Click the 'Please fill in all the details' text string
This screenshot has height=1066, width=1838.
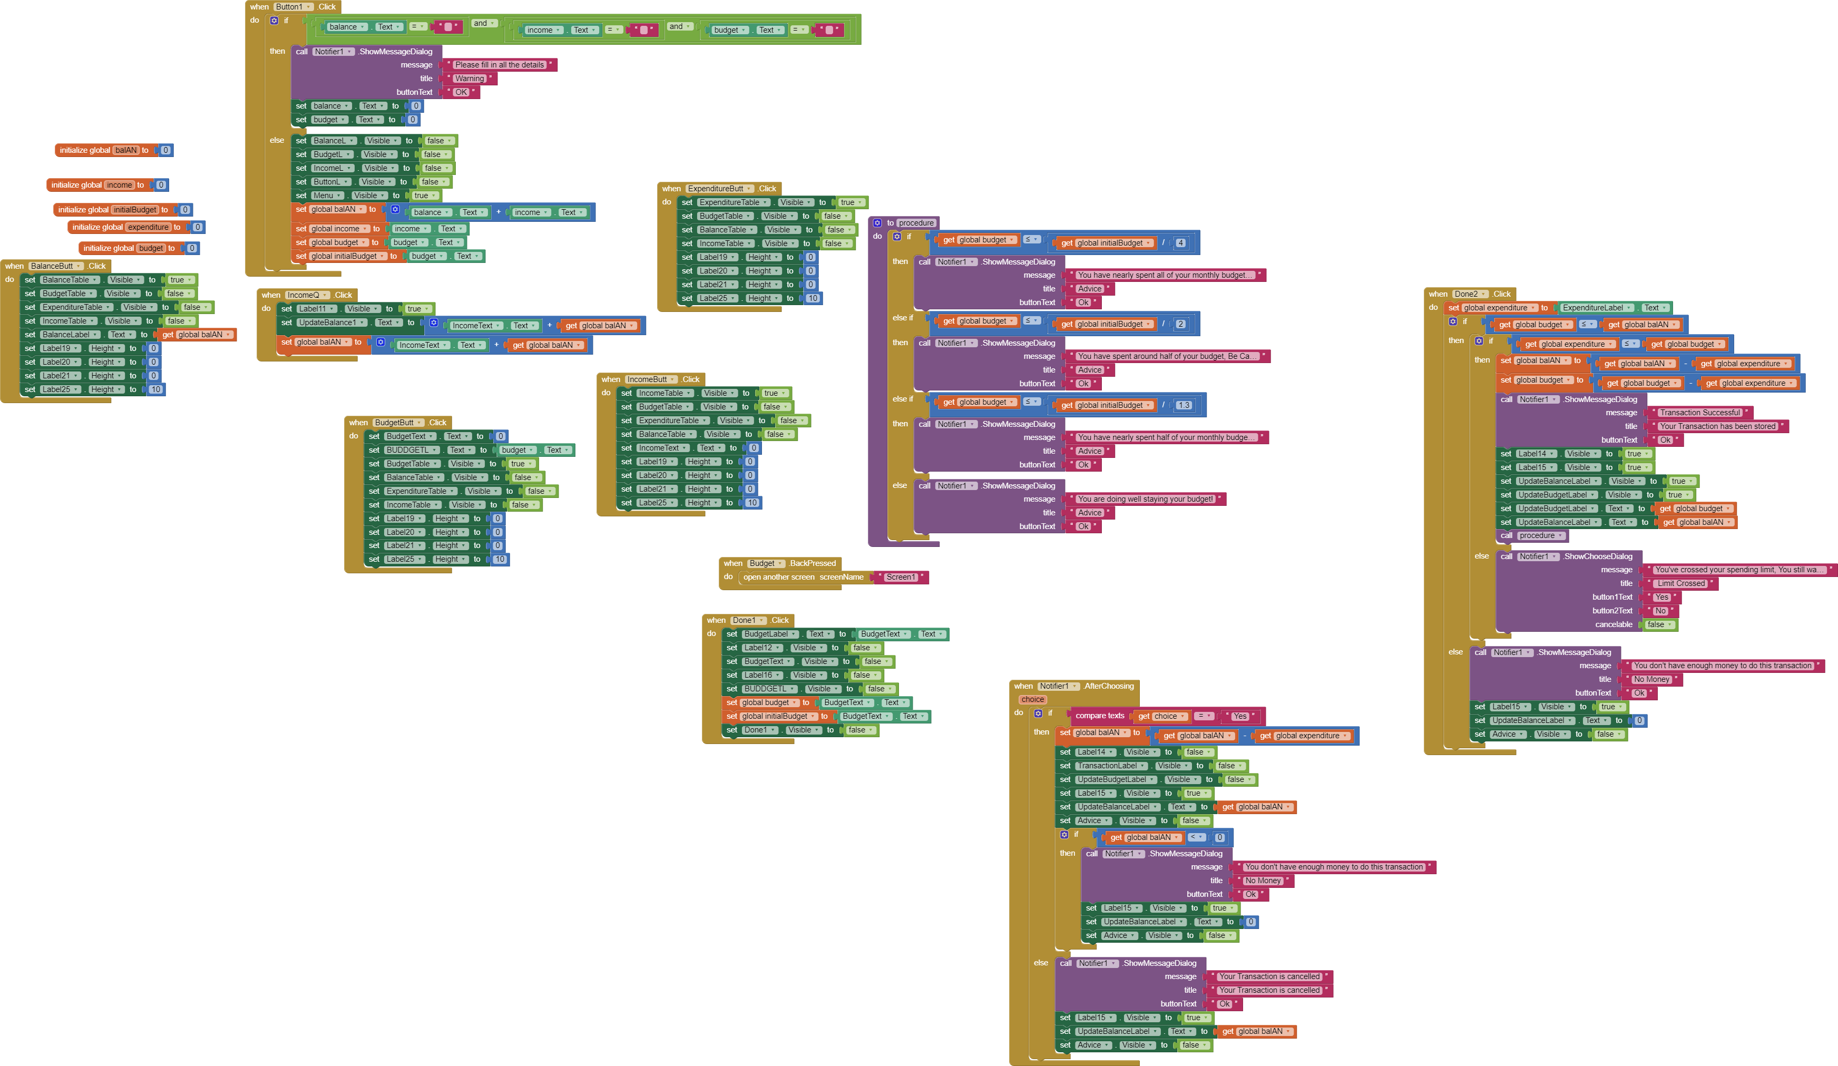click(x=499, y=65)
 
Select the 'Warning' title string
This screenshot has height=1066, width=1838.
click(x=469, y=79)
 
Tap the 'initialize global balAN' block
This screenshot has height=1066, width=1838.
click(x=85, y=150)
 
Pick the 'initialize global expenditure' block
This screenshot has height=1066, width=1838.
click(x=97, y=228)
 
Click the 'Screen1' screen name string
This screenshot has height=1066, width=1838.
click(x=900, y=578)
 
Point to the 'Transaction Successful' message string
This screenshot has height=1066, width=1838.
click(x=1699, y=413)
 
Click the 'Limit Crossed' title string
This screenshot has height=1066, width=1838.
click(x=1680, y=583)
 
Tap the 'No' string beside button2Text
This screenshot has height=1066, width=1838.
click(x=1660, y=611)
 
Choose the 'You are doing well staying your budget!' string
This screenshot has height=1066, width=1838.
click(x=1145, y=500)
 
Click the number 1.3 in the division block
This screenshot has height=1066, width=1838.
click(x=1183, y=405)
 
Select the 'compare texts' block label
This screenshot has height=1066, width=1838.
click(x=1099, y=716)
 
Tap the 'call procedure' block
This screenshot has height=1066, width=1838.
click(x=1532, y=536)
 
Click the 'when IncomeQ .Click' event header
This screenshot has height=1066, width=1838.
click(x=271, y=295)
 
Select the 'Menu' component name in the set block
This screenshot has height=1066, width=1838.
click(x=323, y=195)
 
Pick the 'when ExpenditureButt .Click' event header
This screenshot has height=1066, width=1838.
click(x=671, y=189)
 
